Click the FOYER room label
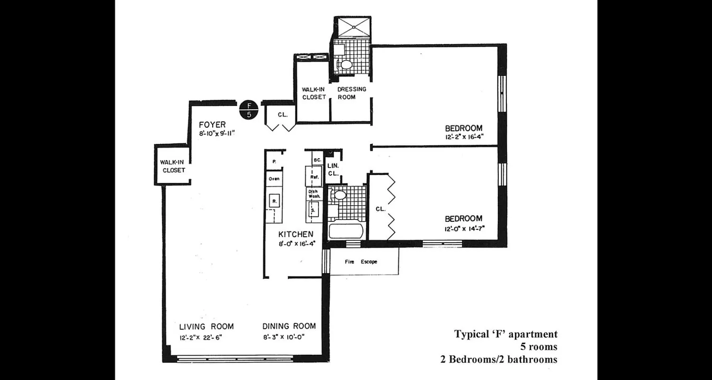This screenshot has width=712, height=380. pyautogui.click(x=212, y=125)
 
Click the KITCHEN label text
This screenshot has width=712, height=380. pyautogui.click(x=296, y=234)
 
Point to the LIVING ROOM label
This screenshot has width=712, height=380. pyautogui.click(x=206, y=326)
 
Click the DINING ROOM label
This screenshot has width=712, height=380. pyautogui.click(x=289, y=326)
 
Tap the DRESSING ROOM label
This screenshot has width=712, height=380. pyautogui.click(x=352, y=93)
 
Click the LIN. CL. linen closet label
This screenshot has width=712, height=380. pyautogui.click(x=333, y=169)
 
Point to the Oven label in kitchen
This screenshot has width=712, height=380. pyautogui.click(x=273, y=179)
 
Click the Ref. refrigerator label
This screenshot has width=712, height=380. pyautogui.click(x=314, y=177)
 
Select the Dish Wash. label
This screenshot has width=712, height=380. pyautogui.click(x=315, y=194)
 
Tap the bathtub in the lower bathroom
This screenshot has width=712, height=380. pyautogui.click(x=346, y=231)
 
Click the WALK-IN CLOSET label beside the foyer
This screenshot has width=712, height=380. pyautogui.click(x=173, y=166)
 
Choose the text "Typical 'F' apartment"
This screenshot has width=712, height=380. pyautogui.click(x=506, y=334)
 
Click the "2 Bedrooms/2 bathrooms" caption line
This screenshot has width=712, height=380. pyautogui.click(x=499, y=359)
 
